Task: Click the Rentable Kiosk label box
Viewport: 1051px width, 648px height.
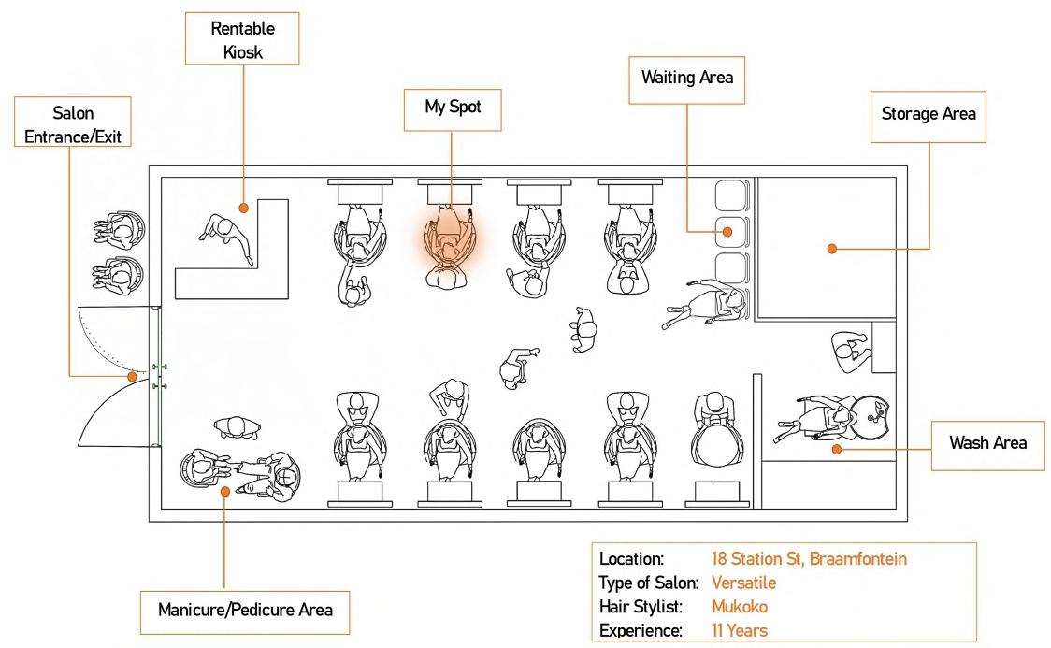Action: tap(242, 38)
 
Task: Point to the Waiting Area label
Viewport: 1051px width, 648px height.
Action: tap(687, 78)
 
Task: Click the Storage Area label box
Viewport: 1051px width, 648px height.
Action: tap(928, 115)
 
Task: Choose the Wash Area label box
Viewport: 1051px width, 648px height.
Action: tap(987, 442)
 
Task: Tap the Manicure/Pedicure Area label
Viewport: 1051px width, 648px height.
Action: tap(245, 611)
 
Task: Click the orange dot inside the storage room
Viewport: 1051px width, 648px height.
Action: tap(831, 249)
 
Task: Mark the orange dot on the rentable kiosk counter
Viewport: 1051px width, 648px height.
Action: tap(242, 208)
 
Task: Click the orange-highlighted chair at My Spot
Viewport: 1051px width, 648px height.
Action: tap(451, 242)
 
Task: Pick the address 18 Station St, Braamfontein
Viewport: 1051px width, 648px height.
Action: tap(809, 559)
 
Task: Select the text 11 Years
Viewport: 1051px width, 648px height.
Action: tap(739, 630)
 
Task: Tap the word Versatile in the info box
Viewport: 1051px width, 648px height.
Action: tap(743, 583)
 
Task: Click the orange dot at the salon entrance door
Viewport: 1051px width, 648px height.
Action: tap(132, 377)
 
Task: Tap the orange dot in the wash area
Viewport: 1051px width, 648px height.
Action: tap(837, 450)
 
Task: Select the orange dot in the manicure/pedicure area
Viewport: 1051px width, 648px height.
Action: tap(224, 489)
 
